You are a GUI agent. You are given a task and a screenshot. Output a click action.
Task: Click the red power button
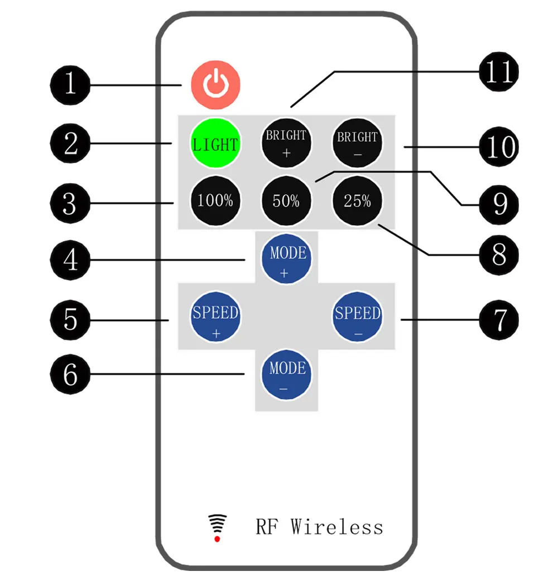click(215, 85)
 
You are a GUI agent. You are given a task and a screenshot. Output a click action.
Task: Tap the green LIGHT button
click(215, 143)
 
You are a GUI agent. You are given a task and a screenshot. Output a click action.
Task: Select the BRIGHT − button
click(358, 143)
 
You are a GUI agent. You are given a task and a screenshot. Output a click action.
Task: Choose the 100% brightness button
click(215, 200)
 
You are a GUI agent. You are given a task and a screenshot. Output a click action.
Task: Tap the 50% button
click(286, 200)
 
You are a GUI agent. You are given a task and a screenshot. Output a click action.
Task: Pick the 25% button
click(358, 200)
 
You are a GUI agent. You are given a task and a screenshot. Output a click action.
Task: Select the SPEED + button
click(215, 318)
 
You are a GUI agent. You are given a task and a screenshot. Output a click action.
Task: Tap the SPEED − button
click(358, 318)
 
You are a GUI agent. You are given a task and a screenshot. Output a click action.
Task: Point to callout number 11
click(498, 72)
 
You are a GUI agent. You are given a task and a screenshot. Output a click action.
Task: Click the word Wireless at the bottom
click(336, 526)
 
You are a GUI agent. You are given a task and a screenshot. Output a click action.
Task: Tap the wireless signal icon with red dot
click(217, 527)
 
